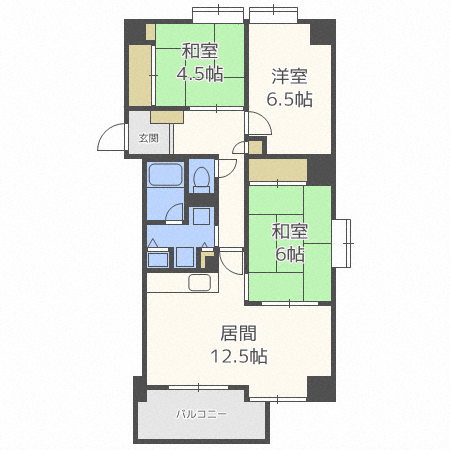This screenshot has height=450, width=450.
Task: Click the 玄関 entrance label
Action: tap(149, 138)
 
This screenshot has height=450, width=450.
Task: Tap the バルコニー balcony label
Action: tap(201, 414)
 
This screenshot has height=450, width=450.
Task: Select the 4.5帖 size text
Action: tap(200, 74)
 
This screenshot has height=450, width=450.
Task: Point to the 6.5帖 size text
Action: tap(289, 99)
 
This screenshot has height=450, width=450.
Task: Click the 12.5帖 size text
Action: tap(239, 356)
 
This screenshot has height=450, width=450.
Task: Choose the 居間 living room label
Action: tap(239, 333)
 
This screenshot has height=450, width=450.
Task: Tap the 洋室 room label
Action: tap(289, 76)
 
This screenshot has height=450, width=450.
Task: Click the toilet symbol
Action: tap(201, 180)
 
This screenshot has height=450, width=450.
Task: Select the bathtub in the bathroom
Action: tap(165, 175)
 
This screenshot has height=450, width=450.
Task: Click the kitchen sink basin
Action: tap(199, 283)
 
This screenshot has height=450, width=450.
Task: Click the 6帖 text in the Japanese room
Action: tap(289, 255)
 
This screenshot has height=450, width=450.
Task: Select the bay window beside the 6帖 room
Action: tap(342, 243)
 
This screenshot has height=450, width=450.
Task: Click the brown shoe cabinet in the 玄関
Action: tap(167, 117)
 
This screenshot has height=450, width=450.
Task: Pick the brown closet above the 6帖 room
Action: tap(278, 170)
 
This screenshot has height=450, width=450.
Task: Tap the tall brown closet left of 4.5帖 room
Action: tap(140, 75)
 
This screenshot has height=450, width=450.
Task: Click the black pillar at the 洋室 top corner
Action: tap(323, 32)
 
